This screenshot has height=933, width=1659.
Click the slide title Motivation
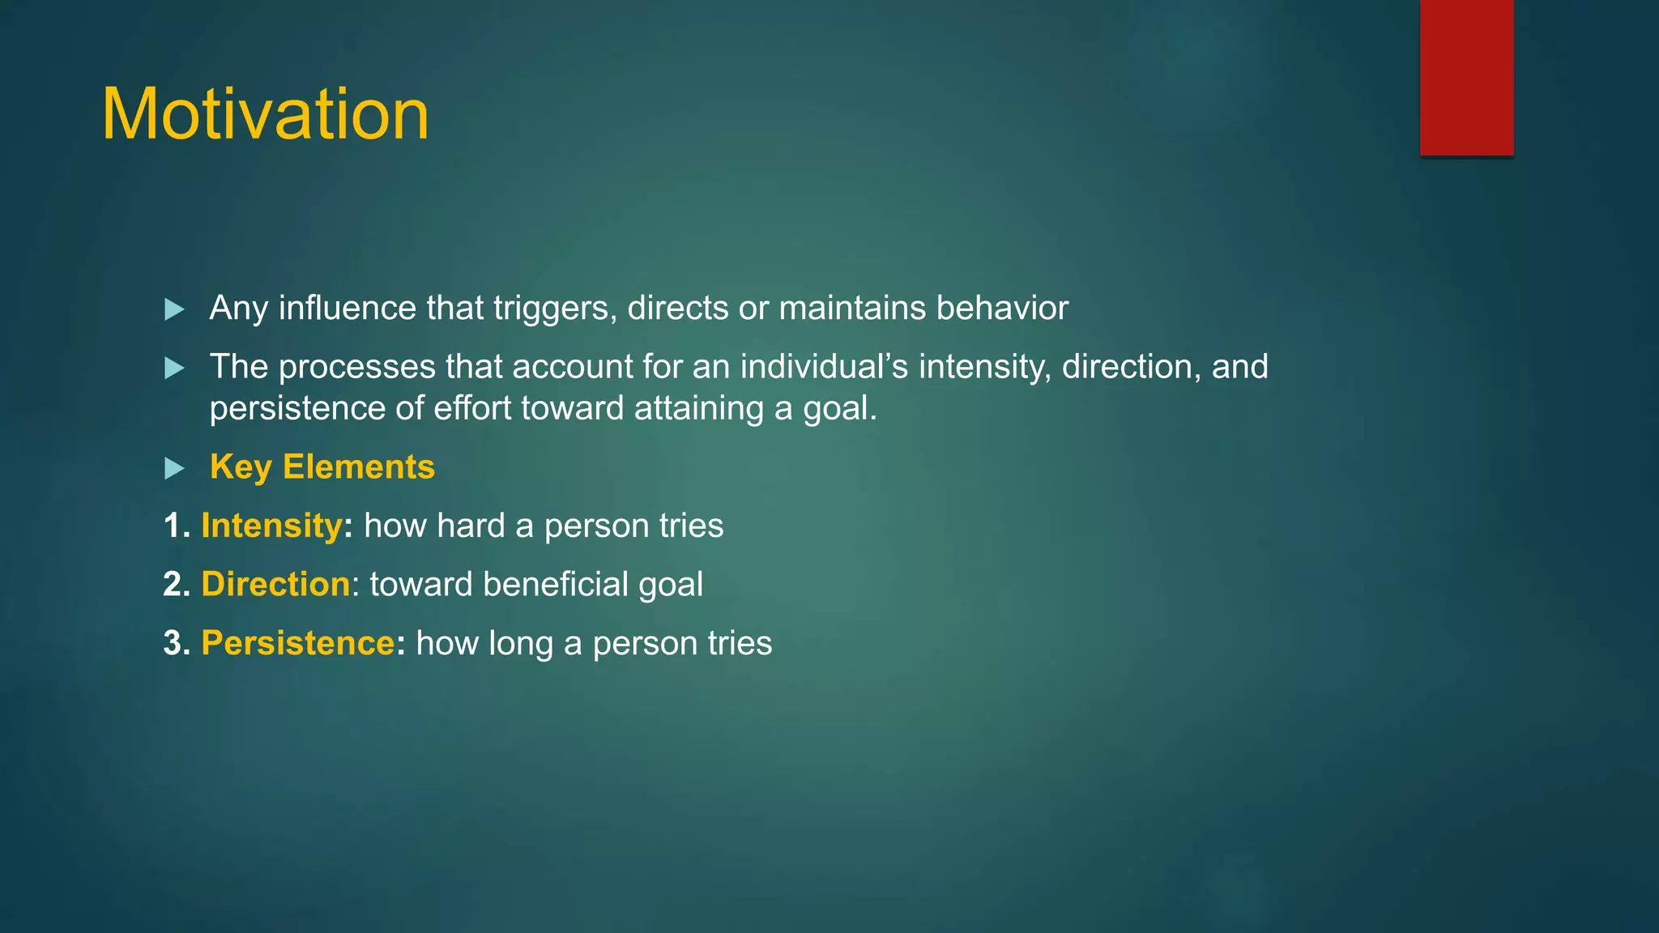tap(265, 114)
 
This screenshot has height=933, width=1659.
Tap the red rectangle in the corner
tap(1466, 77)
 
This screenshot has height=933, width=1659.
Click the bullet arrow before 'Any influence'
tap(174, 309)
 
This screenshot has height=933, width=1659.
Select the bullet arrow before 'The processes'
tap(174, 369)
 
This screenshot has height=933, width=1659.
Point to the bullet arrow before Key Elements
tap(174, 468)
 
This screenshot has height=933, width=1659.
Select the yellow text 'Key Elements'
tap(322, 467)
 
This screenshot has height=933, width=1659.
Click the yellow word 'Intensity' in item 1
tap(271, 526)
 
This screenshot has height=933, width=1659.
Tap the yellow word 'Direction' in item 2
tap(275, 585)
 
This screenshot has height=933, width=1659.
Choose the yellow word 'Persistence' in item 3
tap(297, 644)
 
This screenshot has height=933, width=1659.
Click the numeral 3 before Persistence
tap(173, 644)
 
